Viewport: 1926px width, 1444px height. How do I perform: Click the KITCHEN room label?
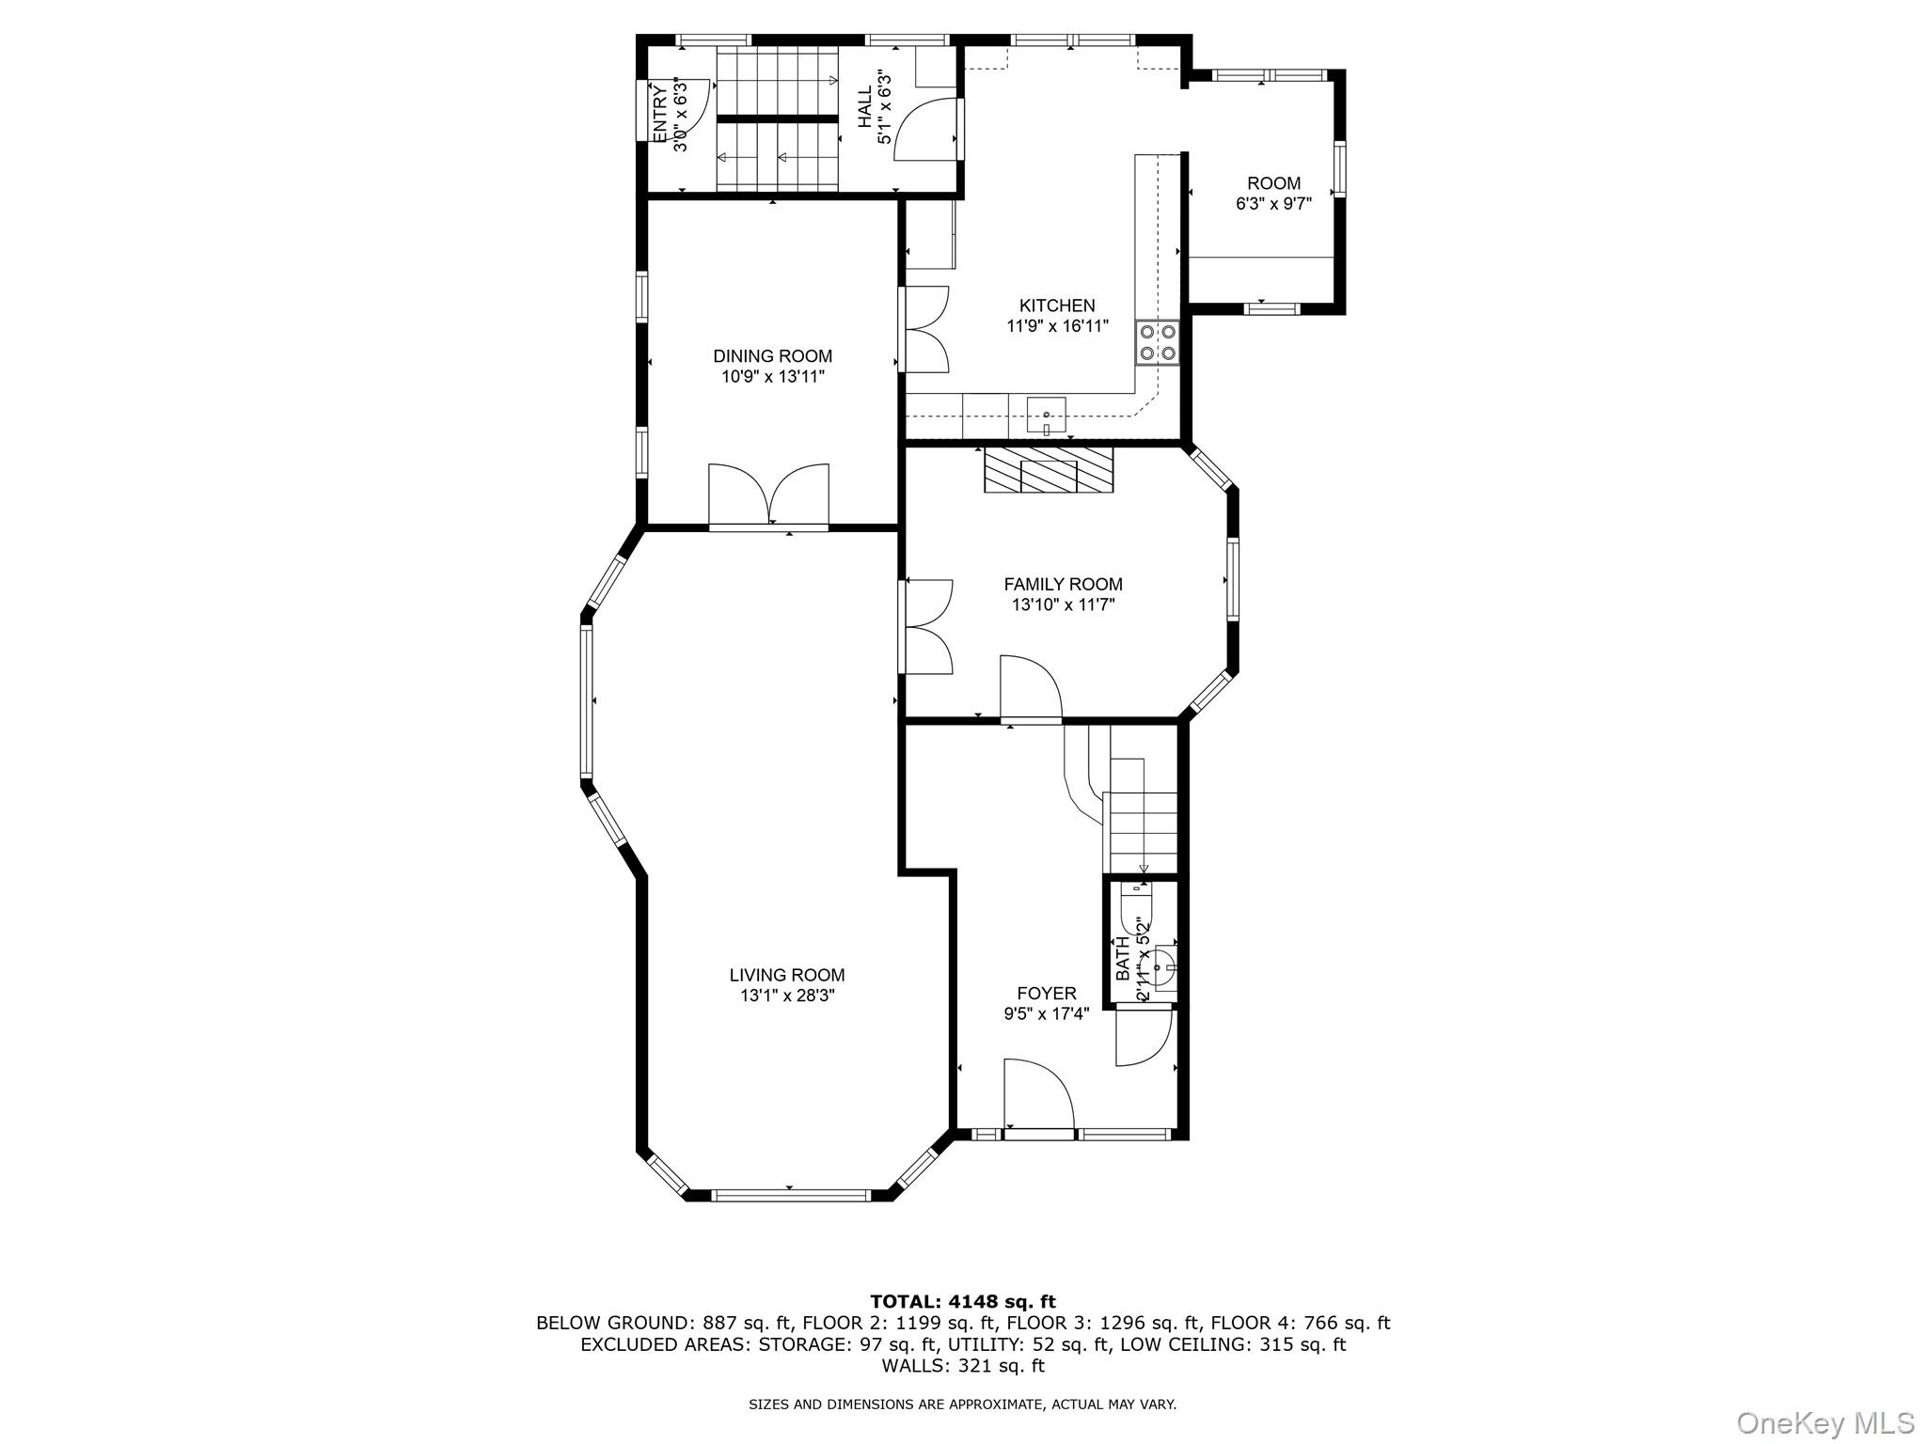(x=1057, y=306)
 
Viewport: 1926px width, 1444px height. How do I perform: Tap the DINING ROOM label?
(x=772, y=356)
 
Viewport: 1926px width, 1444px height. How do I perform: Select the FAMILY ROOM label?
(x=1063, y=584)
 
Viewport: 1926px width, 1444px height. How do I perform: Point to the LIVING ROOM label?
(x=787, y=975)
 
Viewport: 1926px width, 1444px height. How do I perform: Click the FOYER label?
(x=1046, y=994)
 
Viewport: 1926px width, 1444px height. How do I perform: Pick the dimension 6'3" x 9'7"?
(x=1273, y=204)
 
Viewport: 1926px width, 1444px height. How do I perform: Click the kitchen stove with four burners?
(x=1158, y=342)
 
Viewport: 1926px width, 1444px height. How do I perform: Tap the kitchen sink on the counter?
(x=1046, y=415)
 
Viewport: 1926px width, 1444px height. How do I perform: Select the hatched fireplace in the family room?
(x=1048, y=470)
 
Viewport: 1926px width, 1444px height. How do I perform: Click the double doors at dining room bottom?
(x=768, y=495)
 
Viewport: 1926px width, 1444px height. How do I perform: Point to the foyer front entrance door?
(x=1038, y=1095)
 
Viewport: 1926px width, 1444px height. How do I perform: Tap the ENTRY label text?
(x=659, y=113)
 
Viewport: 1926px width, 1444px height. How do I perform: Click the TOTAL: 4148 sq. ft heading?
(x=962, y=1301)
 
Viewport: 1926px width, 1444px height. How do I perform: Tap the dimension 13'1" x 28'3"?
(x=787, y=996)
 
